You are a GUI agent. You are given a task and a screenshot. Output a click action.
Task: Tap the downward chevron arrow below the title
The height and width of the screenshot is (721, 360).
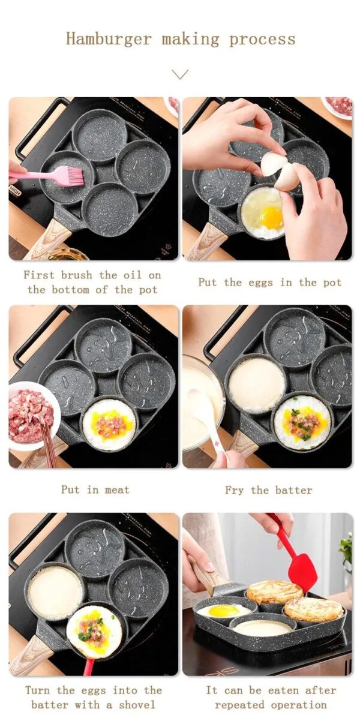(180, 74)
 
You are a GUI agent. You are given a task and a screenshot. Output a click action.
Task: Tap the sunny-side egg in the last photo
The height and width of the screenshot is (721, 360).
(223, 611)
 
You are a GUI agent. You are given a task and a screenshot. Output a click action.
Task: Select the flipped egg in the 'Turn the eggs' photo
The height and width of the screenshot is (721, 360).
(94, 632)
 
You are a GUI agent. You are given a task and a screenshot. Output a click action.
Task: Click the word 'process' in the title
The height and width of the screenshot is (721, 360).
(262, 40)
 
